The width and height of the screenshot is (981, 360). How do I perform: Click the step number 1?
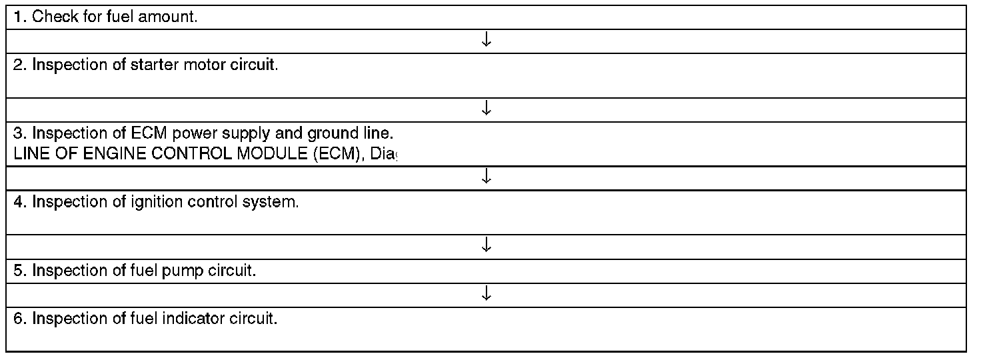19,17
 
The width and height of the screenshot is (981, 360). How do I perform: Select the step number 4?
19,202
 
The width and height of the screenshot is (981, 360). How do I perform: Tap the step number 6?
19,319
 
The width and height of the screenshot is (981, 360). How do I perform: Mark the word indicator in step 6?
193,319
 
